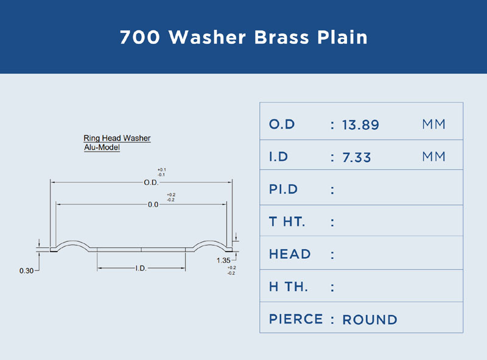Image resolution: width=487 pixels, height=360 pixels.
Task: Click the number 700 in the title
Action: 140,37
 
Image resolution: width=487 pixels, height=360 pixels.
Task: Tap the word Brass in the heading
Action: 282,37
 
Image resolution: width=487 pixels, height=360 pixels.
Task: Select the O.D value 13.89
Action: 360,125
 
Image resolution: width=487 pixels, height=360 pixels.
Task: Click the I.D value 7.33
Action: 357,157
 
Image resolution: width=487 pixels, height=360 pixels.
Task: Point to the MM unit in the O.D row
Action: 433,124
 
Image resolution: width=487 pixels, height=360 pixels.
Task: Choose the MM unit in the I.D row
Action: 433,157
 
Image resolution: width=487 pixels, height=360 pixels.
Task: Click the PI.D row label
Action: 283,189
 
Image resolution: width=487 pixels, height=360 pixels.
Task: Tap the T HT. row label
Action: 287,222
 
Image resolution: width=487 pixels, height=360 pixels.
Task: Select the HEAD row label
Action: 290,254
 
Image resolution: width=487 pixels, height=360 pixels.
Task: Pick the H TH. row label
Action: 289,287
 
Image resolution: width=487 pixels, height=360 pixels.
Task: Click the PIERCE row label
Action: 296,319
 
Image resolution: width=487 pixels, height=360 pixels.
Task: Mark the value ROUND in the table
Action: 370,320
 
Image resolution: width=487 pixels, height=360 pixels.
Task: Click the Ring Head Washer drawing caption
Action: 117,138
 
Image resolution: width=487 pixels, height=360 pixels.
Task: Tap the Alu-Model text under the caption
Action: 102,147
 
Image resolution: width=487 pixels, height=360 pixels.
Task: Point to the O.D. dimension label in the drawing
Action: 151,183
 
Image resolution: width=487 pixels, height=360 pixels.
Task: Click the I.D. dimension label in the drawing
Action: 141,268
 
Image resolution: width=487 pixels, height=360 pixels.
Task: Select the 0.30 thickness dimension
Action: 26,271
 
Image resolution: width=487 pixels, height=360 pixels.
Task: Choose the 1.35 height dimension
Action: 223,261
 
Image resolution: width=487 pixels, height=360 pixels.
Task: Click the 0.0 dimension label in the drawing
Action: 153,205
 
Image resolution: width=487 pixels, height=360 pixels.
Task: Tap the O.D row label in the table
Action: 282,124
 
